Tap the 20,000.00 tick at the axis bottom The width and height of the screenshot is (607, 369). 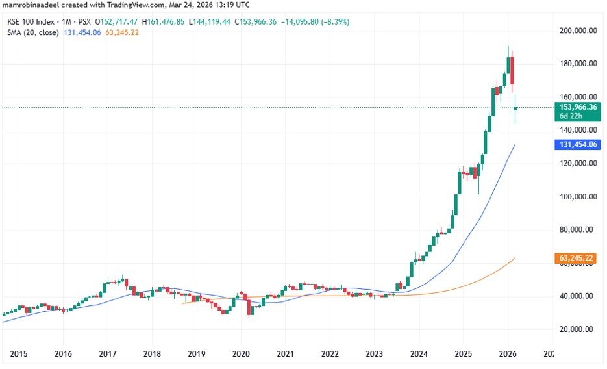578,329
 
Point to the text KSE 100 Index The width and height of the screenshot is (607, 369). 29,21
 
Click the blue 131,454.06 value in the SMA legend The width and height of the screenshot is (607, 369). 84,32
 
